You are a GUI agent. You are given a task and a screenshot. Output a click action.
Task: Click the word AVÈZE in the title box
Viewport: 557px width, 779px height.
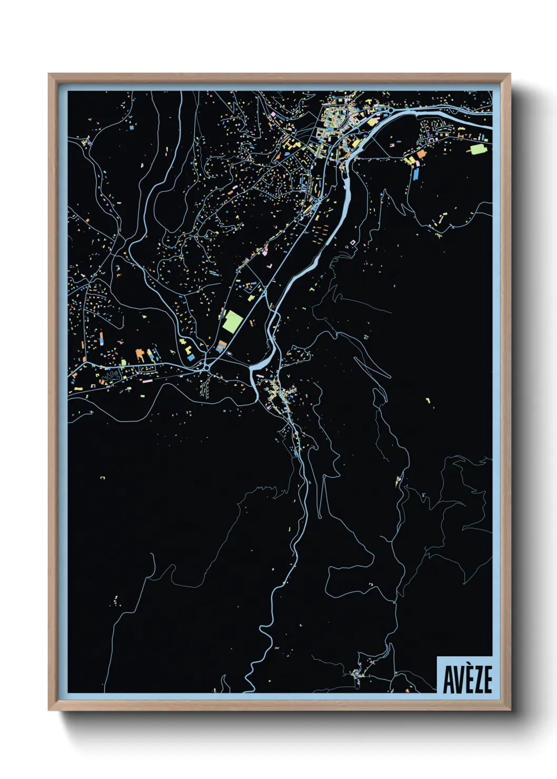(467, 680)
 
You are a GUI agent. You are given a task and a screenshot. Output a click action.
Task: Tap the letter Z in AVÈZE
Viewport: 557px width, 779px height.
(477, 680)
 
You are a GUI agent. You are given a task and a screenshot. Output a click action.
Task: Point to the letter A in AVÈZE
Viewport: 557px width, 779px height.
(448, 680)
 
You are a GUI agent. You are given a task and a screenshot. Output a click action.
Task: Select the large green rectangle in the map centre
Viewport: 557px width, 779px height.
(232, 321)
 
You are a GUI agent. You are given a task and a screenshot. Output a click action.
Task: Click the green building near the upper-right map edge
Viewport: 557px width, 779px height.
(478, 149)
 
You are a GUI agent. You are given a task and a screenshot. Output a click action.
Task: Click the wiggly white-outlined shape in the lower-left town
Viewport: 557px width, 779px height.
(111, 376)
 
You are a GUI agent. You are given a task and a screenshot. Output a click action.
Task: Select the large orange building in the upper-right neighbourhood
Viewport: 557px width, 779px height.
(421, 154)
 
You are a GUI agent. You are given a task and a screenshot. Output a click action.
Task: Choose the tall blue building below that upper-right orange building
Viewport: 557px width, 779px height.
(416, 173)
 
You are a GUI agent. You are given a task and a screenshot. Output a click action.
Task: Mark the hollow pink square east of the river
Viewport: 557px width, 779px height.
(353, 242)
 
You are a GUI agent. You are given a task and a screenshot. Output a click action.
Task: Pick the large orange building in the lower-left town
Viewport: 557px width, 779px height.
(140, 354)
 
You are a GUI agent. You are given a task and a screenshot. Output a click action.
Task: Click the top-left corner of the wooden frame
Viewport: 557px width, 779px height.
(49, 74)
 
